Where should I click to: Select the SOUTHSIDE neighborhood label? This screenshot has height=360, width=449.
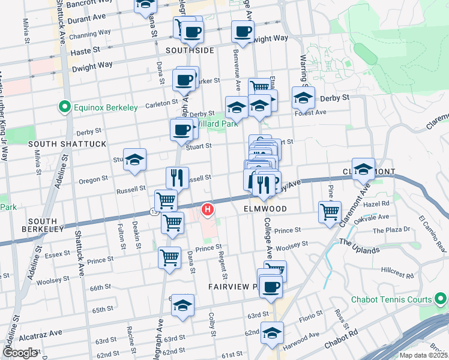(190, 50)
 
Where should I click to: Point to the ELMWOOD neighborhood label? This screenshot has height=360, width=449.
(265, 209)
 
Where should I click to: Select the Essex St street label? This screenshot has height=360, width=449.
(58, 254)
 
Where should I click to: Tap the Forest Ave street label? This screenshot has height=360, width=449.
(312, 112)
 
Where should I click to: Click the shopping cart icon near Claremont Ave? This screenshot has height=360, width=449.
(330, 212)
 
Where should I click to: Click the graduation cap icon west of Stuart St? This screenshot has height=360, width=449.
(134, 160)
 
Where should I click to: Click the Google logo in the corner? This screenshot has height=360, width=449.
(20, 352)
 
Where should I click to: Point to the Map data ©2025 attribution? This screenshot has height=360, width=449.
(424, 355)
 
